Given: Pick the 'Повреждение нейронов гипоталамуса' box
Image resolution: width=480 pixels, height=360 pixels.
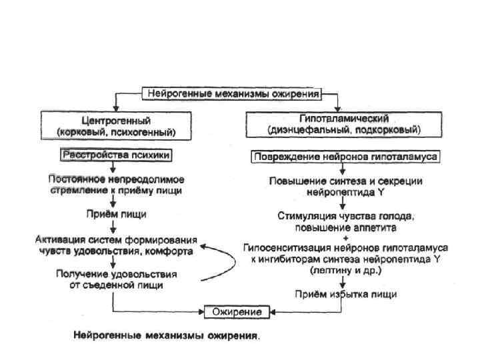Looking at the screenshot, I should point(345,157).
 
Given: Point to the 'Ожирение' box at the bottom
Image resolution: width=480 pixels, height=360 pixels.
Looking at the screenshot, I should point(237,311).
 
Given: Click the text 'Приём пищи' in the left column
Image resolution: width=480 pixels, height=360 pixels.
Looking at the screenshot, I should point(116,214).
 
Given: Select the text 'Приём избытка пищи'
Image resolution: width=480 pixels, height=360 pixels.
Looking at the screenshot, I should point(345,293).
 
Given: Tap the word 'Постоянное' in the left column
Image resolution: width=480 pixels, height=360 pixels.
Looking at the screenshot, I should point(73,179).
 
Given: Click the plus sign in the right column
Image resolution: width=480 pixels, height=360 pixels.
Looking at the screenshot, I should point(345,237).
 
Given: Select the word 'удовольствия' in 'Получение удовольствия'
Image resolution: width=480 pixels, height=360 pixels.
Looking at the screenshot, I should point(144,274).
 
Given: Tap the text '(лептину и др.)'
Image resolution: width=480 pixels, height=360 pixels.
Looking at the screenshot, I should point(345,271).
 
